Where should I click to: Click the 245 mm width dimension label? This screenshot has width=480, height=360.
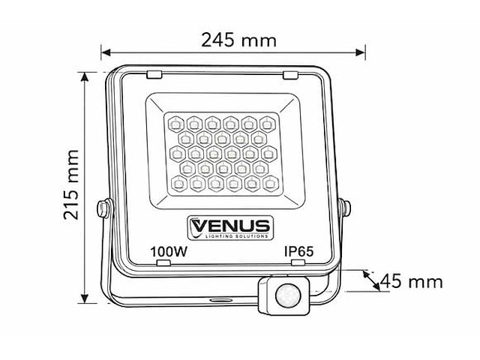pos(238,40)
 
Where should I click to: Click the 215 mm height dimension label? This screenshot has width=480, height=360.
pos(72,184)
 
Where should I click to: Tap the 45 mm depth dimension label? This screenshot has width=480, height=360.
pos(412,282)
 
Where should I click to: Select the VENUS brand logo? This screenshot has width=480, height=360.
pos(229,225)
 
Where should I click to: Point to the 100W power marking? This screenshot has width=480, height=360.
pos(169,252)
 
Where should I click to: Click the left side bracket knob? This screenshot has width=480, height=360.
pos(102,207)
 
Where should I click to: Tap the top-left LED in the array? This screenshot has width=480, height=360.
pos(175,122)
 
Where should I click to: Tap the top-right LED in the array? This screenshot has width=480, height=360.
pos(267,122)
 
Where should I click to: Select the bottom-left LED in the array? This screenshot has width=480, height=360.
pos(179,182)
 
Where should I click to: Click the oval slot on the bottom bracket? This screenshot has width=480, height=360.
pos(220,299)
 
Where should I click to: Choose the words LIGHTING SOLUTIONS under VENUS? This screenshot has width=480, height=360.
pos(229,236)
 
